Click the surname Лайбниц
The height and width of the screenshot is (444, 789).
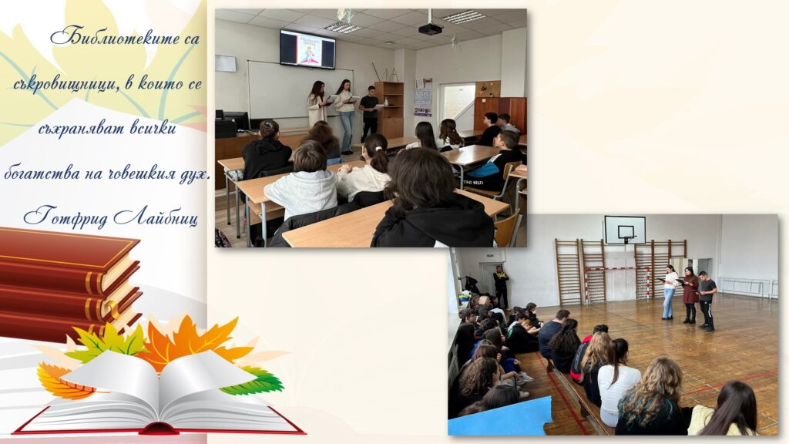coord(156,217)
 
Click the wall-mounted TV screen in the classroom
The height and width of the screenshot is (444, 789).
coord(307,49)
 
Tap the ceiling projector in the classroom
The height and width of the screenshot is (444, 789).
coord(430,29)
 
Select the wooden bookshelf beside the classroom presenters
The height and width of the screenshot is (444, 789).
coord(389,109)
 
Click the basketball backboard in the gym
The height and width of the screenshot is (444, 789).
coord(625,230)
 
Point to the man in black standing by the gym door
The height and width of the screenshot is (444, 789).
coord(501,286)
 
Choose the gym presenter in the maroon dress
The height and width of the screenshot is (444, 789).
coord(690,295)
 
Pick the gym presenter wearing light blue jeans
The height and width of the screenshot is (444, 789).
coord(670,292)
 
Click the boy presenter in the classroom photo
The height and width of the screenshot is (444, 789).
coord(369,114)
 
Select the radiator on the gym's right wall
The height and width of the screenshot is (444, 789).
coord(747,287)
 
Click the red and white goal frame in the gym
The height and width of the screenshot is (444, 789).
coord(617,284)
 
